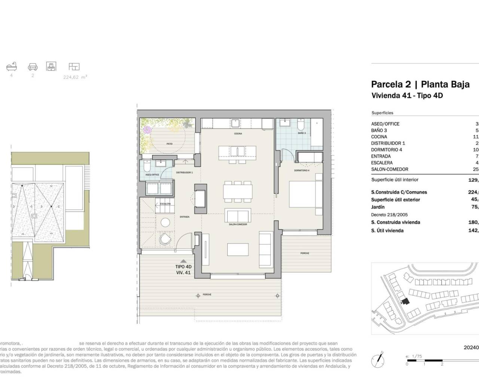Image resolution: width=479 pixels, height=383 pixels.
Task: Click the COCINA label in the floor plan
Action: point(238,134)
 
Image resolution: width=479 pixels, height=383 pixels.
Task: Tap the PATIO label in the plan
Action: point(170,144)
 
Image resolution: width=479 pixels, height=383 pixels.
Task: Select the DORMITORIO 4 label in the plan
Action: point(302,171)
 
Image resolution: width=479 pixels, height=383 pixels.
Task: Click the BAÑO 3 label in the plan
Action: point(302,133)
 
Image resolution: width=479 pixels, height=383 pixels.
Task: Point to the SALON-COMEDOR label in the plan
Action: point(237,224)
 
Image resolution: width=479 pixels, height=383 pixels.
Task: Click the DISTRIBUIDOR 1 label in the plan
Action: point(184,172)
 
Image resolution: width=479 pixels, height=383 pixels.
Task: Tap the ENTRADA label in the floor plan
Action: point(184,217)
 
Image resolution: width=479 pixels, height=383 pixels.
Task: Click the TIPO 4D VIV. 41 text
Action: point(183,270)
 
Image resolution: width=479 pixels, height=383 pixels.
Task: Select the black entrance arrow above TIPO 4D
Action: point(183,261)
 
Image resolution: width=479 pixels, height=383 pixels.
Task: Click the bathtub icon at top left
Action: point(11,67)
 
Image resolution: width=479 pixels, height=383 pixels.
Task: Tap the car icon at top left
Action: point(33,67)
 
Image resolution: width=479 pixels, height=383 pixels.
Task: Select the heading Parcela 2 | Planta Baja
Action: point(420,84)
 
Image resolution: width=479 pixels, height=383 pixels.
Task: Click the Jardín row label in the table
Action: point(378,207)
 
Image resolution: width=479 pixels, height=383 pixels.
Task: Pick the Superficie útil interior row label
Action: point(395,180)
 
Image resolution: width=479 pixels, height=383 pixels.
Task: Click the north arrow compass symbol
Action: point(378,360)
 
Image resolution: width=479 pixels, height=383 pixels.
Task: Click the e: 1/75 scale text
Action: point(414,356)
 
